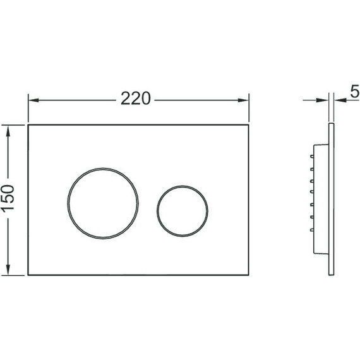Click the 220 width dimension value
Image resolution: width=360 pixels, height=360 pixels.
(135, 99)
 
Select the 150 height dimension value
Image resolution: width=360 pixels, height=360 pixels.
(8, 198)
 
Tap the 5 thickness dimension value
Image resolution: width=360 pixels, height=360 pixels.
(355, 91)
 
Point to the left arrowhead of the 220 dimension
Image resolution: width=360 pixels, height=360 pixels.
(33, 100)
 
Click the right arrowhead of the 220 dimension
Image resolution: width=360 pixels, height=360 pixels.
(243, 100)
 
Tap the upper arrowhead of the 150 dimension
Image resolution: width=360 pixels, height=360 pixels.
(8, 131)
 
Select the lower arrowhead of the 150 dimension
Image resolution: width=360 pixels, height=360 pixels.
(8, 269)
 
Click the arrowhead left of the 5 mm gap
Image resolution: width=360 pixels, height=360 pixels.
(323, 100)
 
